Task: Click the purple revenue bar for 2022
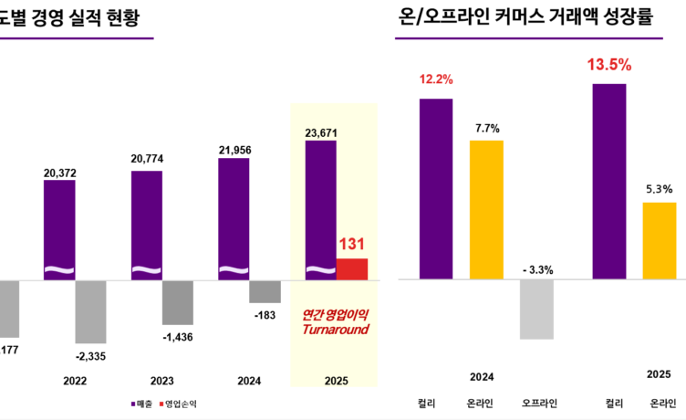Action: (x=59, y=228)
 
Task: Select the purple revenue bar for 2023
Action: (x=147, y=224)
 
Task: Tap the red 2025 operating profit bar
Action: (x=352, y=268)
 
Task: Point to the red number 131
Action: (x=352, y=245)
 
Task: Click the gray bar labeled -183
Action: (x=265, y=290)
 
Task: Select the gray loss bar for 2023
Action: (x=178, y=302)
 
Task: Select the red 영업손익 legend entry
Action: (x=179, y=403)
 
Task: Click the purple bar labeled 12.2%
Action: (x=436, y=187)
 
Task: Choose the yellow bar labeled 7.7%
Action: (x=486, y=208)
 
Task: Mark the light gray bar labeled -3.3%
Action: (x=536, y=309)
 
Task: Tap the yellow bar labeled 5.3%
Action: (x=660, y=240)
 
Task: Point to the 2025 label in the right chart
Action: (x=660, y=374)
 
